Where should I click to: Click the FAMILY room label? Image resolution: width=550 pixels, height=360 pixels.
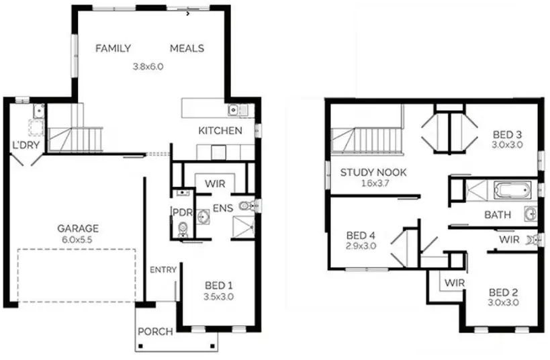(x=113, y=48)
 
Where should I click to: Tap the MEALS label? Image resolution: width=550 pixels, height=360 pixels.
(x=187, y=48)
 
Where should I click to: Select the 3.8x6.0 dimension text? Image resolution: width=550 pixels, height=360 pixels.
(x=148, y=66)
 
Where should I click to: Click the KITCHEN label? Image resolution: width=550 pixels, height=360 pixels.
(x=220, y=130)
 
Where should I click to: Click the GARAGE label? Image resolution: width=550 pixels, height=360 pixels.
(x=77, y=228)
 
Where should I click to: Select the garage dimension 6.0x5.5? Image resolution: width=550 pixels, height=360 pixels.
(x=77, y=239)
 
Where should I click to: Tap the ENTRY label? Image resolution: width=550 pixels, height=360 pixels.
(x=163, y=270)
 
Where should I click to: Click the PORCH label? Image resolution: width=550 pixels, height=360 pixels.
(x=155, y=331)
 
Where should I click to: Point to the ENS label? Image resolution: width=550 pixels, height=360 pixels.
(x=223, y=208)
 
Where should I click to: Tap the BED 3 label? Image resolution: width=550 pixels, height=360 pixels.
(x=508, y=134)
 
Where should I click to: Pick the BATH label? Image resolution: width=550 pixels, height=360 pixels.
(x=498, y=215)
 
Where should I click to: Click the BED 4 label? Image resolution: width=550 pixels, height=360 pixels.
(x=361, y=236)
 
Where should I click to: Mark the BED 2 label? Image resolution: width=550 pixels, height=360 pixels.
(x=504, y=292)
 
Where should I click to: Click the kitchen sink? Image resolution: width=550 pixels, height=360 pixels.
(x=234, y=109)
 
